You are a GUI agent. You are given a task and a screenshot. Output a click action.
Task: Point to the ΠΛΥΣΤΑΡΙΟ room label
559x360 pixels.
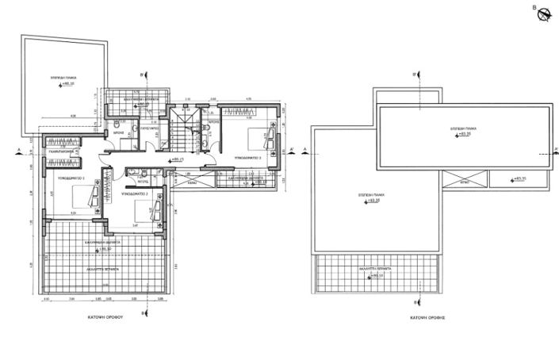151,126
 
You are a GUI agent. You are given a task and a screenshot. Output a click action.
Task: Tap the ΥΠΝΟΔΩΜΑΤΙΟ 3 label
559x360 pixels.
248,158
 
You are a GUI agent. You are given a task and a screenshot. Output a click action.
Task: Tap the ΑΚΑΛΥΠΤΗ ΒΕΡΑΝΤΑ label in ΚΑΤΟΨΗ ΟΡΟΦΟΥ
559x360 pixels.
103,270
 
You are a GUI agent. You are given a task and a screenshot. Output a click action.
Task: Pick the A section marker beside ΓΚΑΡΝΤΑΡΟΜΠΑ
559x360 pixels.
17,149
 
